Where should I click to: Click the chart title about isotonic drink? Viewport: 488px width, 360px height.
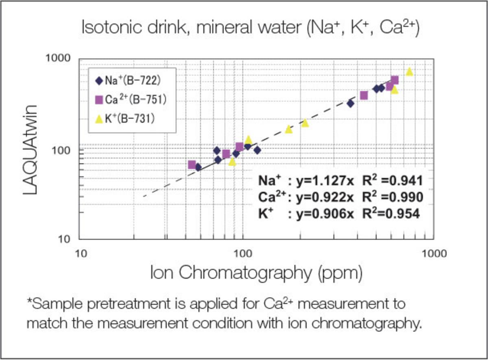[251, 27]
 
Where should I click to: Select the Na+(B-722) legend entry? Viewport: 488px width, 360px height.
[128, 81]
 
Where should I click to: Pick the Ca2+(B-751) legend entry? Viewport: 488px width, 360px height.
[131, 100]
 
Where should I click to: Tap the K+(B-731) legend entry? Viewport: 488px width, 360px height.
[125, 119]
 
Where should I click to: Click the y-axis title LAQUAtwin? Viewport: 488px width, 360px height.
[30, 150]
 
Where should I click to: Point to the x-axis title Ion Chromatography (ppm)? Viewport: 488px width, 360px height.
[257, 273]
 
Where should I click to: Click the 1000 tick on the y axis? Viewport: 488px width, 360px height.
[58, 58]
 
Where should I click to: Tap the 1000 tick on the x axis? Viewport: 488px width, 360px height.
[434, 254]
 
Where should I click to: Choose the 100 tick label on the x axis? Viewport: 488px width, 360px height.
[243, 254]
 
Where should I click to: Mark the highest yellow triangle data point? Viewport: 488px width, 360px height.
[409, 72]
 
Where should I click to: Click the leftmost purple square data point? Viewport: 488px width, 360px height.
[192, 165]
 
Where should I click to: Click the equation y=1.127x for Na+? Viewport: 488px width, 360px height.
[325, 181]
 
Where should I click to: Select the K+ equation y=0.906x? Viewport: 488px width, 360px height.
[325, 214]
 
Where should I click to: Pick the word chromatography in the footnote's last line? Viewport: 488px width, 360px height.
[367, 324]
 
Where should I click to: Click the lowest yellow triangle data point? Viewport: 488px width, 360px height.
[232, 162]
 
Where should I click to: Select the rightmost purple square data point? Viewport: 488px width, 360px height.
[395, 80]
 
